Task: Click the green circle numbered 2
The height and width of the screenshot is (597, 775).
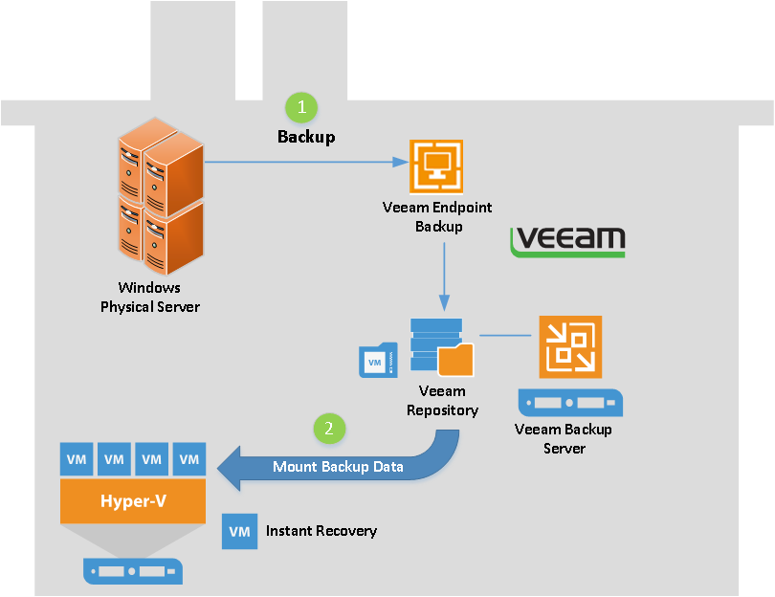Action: point(330,429)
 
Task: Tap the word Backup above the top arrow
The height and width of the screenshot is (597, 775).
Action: point(306,137)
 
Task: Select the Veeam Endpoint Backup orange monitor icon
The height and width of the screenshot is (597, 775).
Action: point(436,167)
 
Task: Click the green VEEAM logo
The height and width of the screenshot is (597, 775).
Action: point(568,242)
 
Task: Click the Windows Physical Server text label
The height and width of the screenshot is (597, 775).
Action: point(150,297)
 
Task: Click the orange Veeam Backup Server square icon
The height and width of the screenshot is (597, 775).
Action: point(570,347)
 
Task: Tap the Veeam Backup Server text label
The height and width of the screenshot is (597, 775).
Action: point(564,438)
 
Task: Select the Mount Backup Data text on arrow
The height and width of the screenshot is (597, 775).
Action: point(338,467)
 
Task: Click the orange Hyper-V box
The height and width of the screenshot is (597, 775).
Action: point(133,500)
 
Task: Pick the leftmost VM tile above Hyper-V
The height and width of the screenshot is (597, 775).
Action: point(77,459)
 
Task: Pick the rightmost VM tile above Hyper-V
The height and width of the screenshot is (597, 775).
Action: point(189,459)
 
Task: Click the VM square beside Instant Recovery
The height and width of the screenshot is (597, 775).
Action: point(239,531)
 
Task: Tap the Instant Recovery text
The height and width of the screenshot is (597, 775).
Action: point(321,531)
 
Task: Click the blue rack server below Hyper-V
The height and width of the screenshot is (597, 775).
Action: point(132,571)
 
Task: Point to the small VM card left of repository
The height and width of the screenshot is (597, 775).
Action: point(377,360)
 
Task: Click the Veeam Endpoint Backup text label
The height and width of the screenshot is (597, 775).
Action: point(438,217)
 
